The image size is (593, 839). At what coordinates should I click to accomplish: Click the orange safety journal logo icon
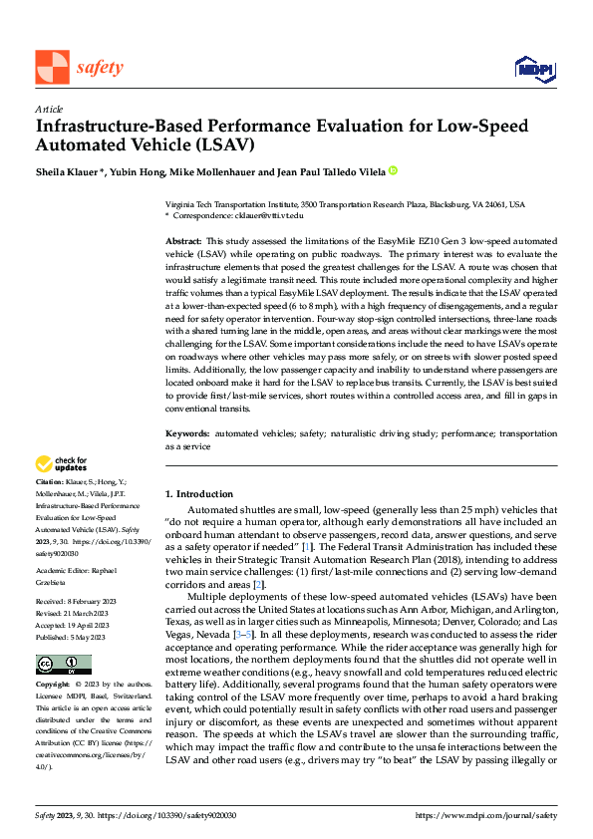click(x=52, y=67)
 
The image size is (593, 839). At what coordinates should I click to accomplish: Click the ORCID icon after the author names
click(x=393, y=170)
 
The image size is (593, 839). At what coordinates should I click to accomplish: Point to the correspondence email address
click(x=266, y=214)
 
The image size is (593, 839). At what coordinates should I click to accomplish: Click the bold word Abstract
click(x=182, y=242)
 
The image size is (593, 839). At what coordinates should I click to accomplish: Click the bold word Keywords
click(x=186, y=435)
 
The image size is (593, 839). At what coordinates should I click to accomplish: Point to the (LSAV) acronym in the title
click(x=225, y=145)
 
